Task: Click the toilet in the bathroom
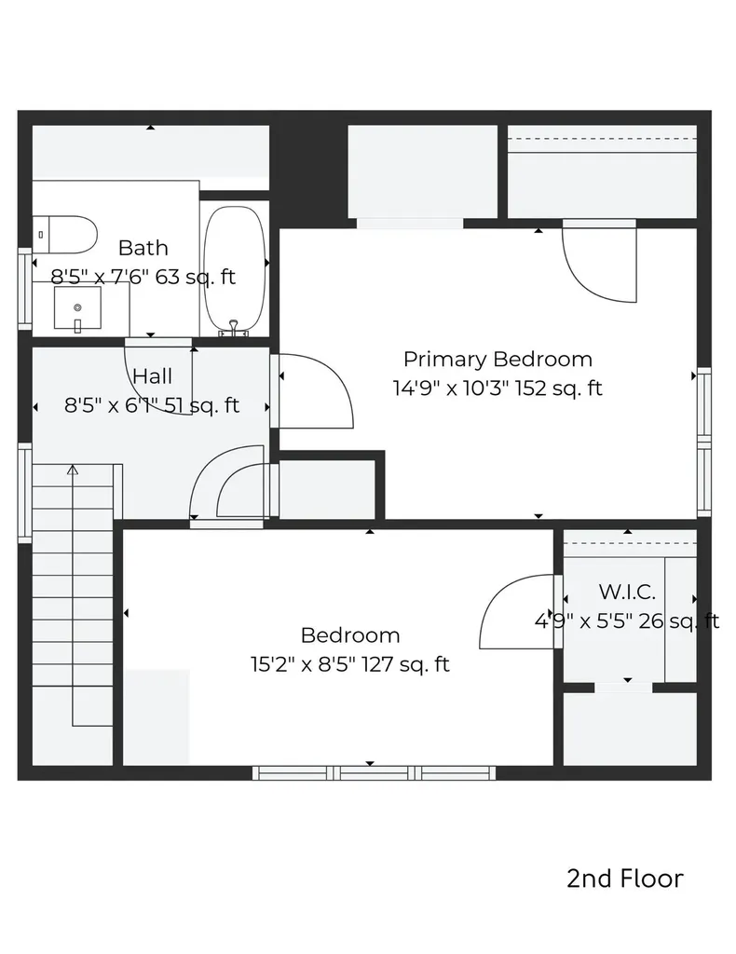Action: point(66,234)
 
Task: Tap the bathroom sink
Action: point(77,308)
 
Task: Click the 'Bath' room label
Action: point(143,248)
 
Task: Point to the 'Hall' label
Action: point(152,376)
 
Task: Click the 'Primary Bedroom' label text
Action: point(497,359)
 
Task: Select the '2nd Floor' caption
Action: point(624,879)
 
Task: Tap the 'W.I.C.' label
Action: point(627,592)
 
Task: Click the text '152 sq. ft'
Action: point(559,388)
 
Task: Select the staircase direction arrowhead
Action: point(73,471)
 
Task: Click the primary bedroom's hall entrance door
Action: point(315,391)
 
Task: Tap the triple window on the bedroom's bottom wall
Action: point(374,772)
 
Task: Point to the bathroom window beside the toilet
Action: point(25,287)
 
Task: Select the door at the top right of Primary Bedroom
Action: point(599,263)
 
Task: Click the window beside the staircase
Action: point(25,492)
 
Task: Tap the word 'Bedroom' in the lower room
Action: point(350,635)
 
